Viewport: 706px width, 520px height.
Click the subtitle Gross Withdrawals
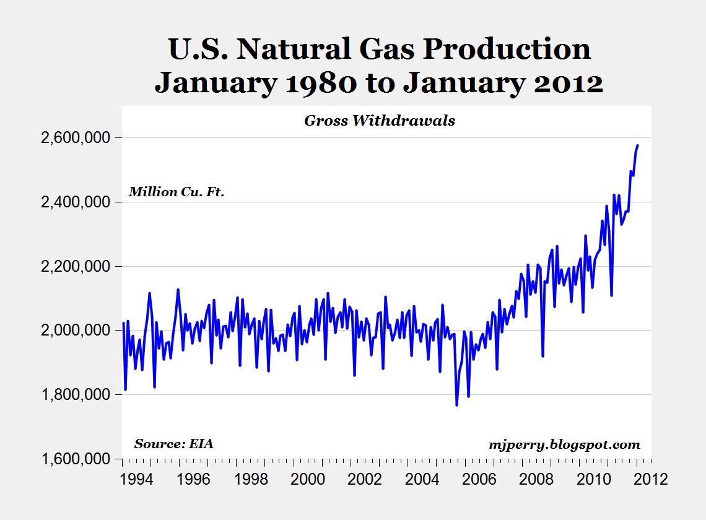[379, 121]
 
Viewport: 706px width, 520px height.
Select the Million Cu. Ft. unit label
[176, 192]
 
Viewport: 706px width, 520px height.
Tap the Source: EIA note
[174, 444]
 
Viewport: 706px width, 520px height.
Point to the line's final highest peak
[637, 145]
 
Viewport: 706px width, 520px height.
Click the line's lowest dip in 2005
[456, 405]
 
